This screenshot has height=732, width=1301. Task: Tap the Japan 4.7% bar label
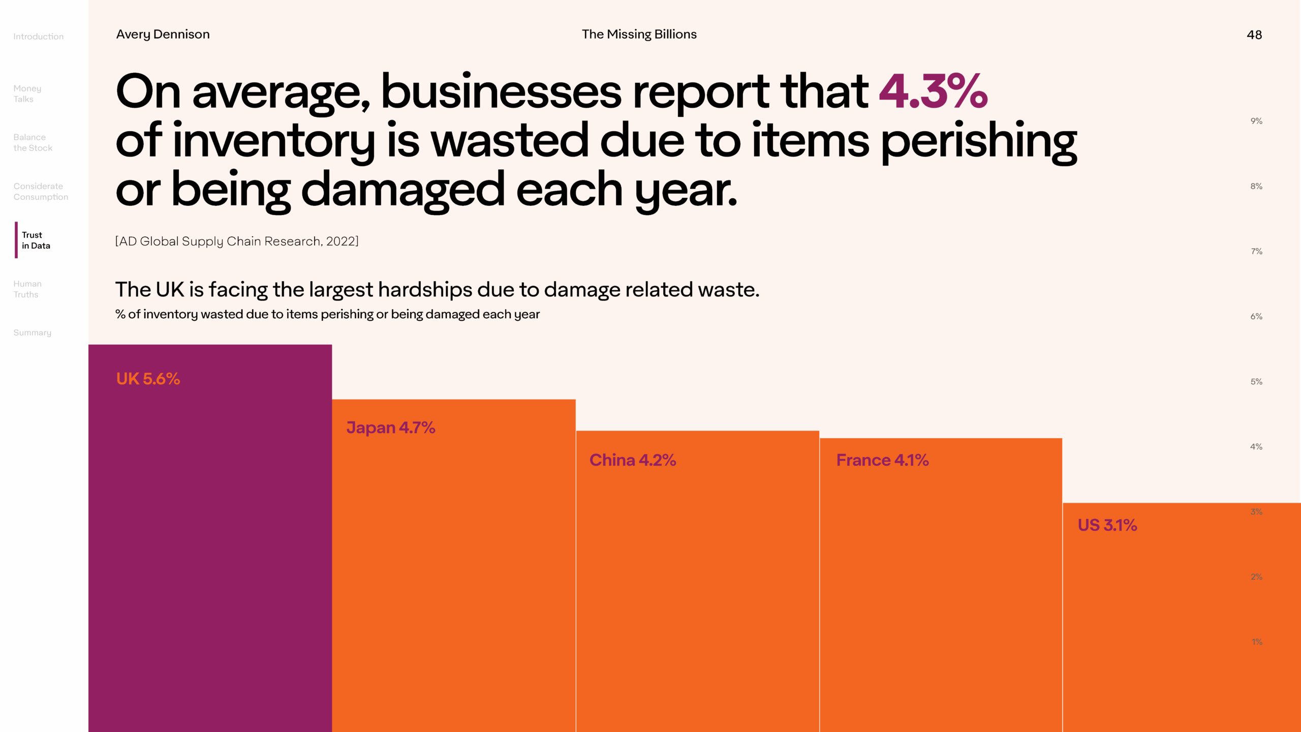[390, 428]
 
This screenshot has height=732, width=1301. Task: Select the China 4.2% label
[632, 460]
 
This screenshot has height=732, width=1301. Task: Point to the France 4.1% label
[882, 460]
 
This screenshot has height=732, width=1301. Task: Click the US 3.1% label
[1107, 525]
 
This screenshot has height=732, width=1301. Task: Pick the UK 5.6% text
[148, 379]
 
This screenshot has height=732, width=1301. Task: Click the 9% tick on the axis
[1256, 121]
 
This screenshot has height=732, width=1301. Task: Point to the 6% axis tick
[1256, 316]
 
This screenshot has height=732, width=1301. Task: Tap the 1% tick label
[1257, 642]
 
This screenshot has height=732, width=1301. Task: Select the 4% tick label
[1256, 446]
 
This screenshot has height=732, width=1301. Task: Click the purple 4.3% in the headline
[933, 91]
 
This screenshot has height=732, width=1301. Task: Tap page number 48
[1254, 35]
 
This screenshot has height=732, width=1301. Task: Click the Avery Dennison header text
[163, 34]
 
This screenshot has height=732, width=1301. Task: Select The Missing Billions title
[639, 34]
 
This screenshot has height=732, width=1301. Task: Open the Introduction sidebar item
[39, 37]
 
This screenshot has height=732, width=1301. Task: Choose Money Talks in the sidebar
[27, 94]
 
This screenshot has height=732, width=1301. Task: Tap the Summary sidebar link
[33, 332]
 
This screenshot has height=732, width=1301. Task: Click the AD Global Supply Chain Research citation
[237, 241]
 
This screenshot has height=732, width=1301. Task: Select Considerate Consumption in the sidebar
[41, 191]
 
